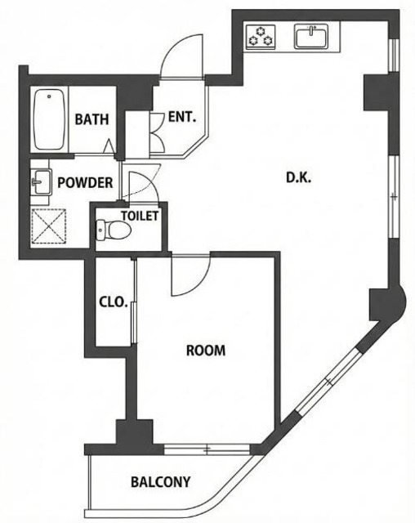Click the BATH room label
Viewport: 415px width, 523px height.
coord(91,119)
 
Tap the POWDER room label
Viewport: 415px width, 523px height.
coord(85,183)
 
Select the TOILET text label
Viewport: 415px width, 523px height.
coord(140,216)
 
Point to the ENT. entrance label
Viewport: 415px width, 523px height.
coord(181,117)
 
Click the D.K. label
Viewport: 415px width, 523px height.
coord(299,178)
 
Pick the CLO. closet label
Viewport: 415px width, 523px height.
coord(114,302)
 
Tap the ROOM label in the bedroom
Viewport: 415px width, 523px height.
coord(206,351)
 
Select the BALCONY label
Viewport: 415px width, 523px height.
coord(160,481)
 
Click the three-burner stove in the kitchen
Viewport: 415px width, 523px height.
coord(261,37)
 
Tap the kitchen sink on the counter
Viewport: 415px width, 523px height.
coord(311,36)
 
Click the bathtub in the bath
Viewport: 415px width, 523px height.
coord(49,119)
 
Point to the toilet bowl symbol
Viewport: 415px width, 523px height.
coord(113,230)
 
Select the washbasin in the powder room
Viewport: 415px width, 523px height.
coord(42,181)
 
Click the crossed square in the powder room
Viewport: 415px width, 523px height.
coord(49,227)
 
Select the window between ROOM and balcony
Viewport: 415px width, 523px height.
coord(207,449)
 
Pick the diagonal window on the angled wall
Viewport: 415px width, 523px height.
coord(329,381)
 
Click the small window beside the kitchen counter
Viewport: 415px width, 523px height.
coord(394,56)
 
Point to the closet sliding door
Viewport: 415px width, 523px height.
coord(134,302)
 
